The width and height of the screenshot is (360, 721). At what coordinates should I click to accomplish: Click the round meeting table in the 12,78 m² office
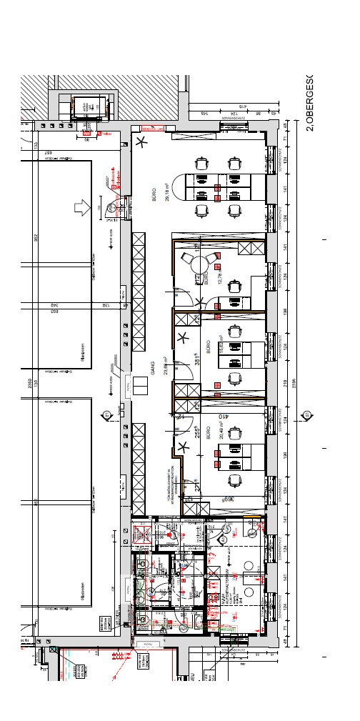click(198, 265)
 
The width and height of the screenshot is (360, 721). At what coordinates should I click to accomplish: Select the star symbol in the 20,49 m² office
click(184, 447)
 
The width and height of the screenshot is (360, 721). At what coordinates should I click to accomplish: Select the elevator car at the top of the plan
click(88, 108)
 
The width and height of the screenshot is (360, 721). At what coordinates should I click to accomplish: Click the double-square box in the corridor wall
click(139, 387)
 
